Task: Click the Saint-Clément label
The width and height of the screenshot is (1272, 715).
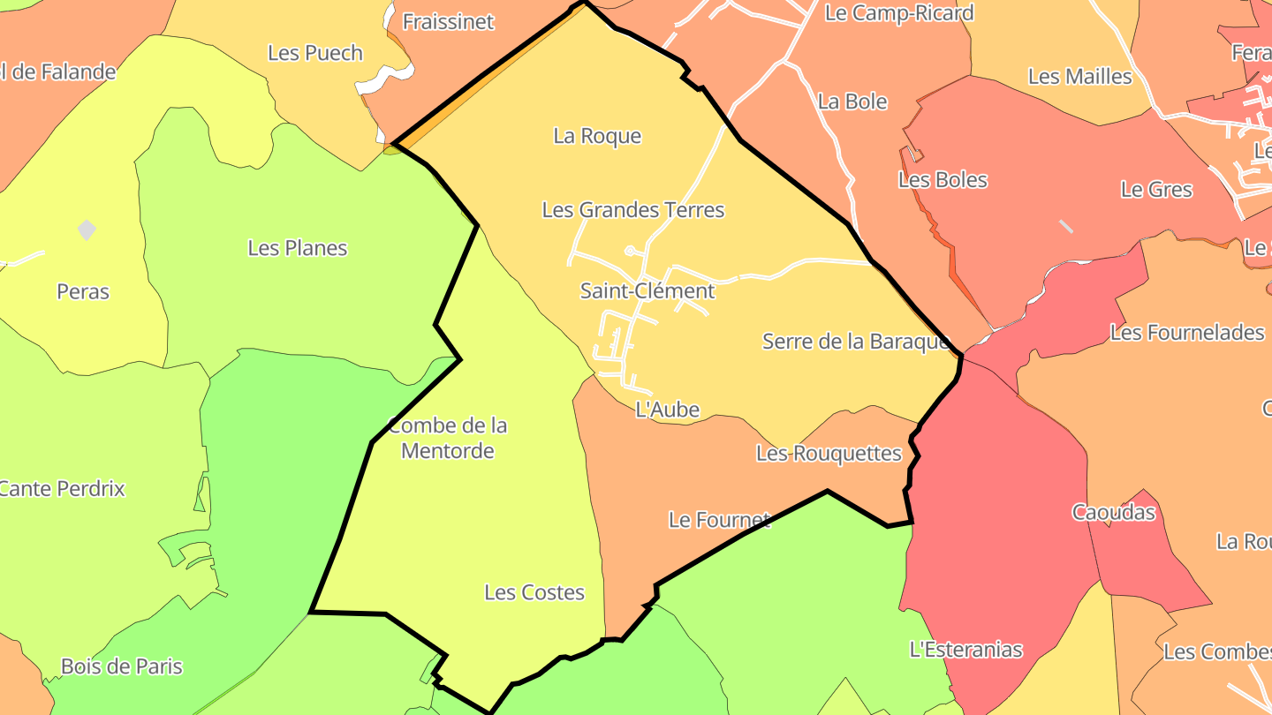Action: click(647, 290)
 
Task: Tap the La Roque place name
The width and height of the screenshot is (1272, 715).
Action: click(597, 136)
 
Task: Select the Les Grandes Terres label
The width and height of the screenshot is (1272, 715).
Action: click(632, 210)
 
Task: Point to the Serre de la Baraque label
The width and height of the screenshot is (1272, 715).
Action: click(855, 342)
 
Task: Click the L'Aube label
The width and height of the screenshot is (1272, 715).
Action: click(667, 410)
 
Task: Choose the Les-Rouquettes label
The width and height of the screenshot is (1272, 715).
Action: click(829, 454)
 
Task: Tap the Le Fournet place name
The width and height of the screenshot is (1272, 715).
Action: click(719, 520)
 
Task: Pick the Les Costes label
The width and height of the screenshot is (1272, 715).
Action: click(534, 592)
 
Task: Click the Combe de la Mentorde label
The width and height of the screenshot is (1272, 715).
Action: click(448, 438)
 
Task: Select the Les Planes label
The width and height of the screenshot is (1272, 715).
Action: click(297, 248)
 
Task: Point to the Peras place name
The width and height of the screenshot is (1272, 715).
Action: click(82, 291)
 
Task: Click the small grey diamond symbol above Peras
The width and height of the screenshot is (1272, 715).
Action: click(87, 230)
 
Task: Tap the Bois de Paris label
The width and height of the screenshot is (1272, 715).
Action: click(121, 666)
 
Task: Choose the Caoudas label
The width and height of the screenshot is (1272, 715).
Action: click(1113, 512)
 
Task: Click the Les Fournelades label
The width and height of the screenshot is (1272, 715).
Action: click(1186, 333)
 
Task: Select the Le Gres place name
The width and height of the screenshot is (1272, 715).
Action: click(1155, 190)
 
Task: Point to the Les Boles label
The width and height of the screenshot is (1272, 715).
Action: click(942, 180)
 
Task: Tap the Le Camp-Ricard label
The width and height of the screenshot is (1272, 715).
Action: click(898, 13)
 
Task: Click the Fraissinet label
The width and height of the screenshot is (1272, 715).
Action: click(448, 22)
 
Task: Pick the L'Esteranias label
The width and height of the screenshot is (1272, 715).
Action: click(965, 650)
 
